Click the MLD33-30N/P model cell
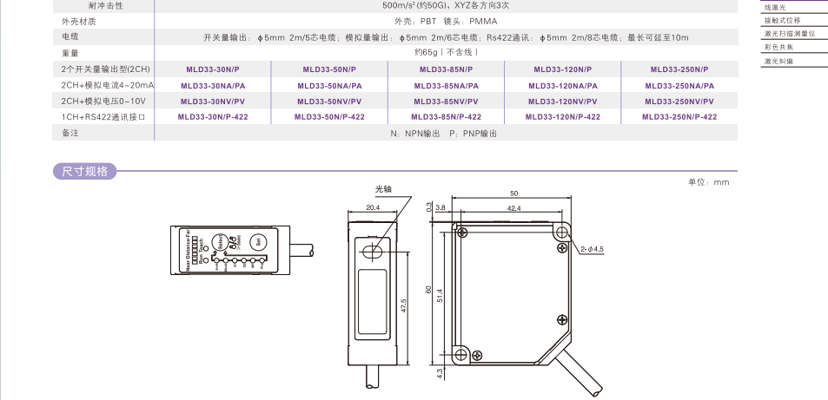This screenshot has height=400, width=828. (212, 69)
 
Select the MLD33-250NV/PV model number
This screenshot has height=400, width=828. (679, 101)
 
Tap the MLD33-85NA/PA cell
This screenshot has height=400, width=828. (446, 85)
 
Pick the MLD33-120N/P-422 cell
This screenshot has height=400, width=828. (563, 116)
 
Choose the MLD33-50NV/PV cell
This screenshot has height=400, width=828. (329, 101)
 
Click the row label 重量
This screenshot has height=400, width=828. (70, 53)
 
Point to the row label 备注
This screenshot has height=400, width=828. (70, 133)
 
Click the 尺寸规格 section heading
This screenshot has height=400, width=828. (84, 172)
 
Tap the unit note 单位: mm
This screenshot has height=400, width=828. (708, 182)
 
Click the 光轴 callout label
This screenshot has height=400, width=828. (383, 188)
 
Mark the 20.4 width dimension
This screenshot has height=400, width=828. (373, 208)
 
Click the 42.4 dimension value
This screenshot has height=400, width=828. (513, 208)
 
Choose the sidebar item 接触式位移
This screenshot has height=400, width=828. (782, 20)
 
